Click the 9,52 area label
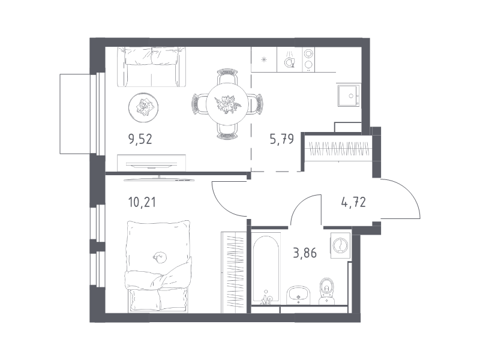[140, 139]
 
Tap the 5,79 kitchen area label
[281, 139]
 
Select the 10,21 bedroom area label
[142, 202]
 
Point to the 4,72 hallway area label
[353, 202]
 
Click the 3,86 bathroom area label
[305, 253]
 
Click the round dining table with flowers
[227, 104]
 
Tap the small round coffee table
[143, 107]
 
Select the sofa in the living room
[152, 67]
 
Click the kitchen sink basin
[349, 96]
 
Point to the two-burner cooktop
[308, 59]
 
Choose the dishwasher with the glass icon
[290, 59]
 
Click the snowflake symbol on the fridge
[264, 59]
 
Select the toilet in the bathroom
[327, 291]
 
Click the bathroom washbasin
[299, 295]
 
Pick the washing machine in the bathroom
[340, 244]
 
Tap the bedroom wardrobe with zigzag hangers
[233, 272]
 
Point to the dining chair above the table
[227, 77]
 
